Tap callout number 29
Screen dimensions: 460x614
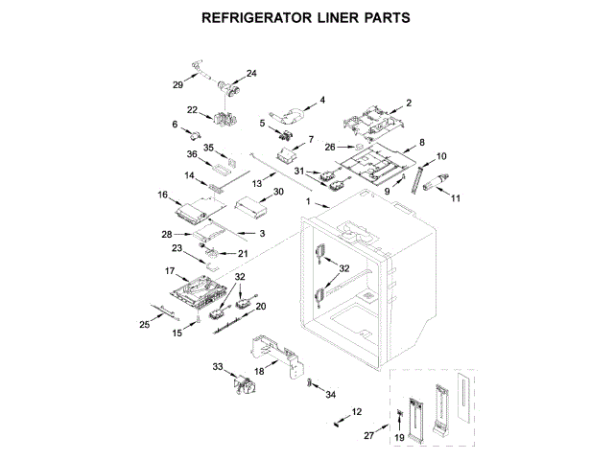177,85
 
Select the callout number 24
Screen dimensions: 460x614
251,74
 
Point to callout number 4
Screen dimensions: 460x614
322,100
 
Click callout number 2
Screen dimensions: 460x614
408,103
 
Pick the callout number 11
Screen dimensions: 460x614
456,198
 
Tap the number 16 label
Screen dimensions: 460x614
163,195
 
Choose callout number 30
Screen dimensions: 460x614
278,193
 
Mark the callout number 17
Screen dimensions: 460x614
170,271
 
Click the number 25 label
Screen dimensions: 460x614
145,324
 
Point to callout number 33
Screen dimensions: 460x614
218,366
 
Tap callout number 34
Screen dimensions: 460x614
331,394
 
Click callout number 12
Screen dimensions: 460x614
357,412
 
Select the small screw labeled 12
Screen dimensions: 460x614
338,421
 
